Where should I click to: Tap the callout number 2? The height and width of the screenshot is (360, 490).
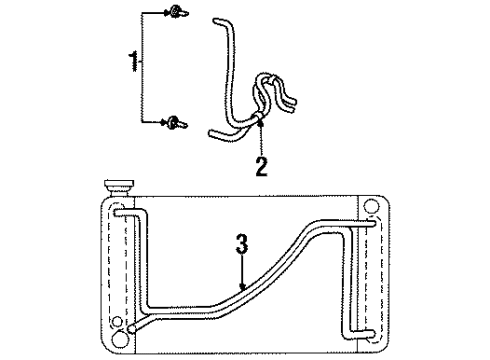pyautogui.click(x=261, y=166)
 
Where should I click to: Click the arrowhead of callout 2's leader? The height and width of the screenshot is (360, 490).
pyautogui.click(x=260, y=124)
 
